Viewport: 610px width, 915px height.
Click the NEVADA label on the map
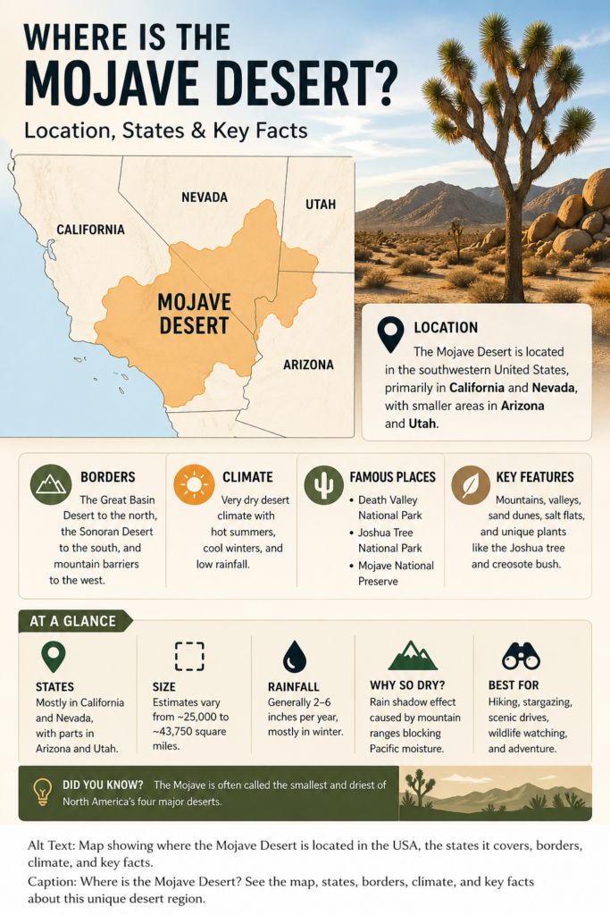pos(205,197)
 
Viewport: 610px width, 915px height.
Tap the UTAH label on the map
pos(321,205)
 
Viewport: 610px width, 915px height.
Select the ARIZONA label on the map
pos(308,365)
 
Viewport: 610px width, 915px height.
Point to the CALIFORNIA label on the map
pos(90,230)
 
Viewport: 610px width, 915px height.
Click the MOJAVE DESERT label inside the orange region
pos(194,312)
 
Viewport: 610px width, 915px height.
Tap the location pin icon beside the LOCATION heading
pos(390,334)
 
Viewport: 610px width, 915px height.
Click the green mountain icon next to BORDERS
pos(51,484)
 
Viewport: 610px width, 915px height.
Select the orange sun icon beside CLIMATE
pos(194,484)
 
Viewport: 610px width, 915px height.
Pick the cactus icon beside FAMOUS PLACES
pos(323,484)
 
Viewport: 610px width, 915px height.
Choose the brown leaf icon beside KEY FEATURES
pos(470,484)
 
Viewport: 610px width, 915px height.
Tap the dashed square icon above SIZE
pos(189,657)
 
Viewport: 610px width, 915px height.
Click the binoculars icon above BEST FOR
pos(521,657)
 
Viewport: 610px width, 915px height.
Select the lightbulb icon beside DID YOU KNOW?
pos(41,792)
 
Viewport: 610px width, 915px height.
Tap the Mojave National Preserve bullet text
pos(396,573)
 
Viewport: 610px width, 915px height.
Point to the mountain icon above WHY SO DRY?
pos(413,657)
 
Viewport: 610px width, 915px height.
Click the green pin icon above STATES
pos(54,658)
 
